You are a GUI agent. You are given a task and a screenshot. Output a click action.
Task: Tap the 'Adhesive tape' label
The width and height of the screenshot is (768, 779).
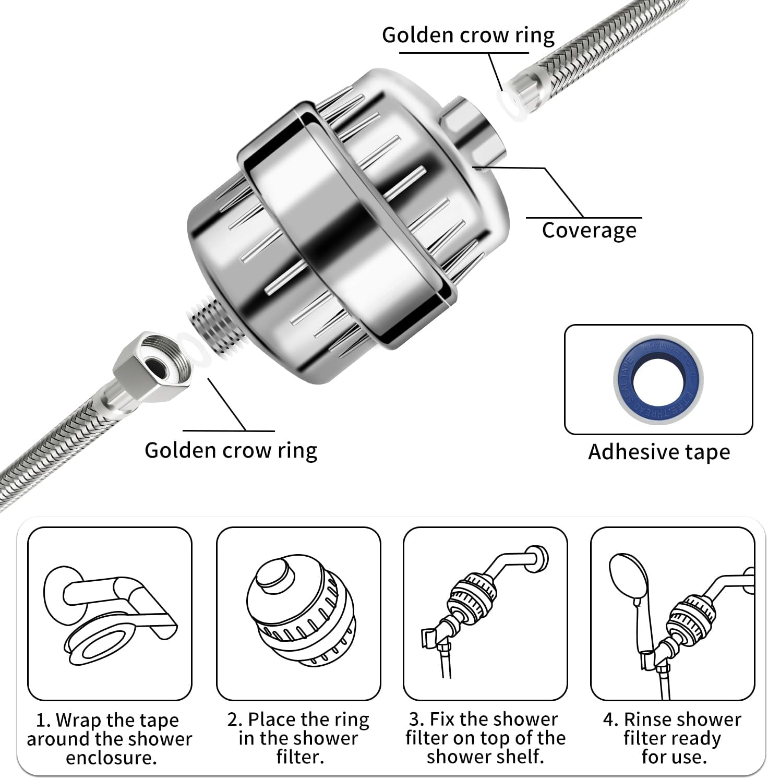click(659, 452)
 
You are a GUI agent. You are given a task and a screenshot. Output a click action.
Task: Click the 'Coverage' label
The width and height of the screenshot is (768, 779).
click(589, 230)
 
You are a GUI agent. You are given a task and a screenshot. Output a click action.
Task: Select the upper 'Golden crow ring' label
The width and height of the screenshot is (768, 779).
click(468, 35)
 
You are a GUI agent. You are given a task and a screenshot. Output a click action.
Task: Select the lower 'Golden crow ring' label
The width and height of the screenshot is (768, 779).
click(231, 450)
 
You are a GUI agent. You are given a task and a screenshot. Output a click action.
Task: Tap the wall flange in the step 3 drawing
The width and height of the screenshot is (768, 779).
click(537, 558)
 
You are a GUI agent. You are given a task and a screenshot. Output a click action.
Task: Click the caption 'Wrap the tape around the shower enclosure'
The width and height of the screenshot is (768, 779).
click(110, 739)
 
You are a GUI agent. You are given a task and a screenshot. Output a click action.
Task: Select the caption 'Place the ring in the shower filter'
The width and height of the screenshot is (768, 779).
click(298, 738)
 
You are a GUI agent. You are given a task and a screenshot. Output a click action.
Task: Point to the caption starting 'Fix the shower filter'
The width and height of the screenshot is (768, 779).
click(485, 738)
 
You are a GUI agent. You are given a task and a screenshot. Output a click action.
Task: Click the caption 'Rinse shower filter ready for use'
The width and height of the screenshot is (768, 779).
click(673, 738)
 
